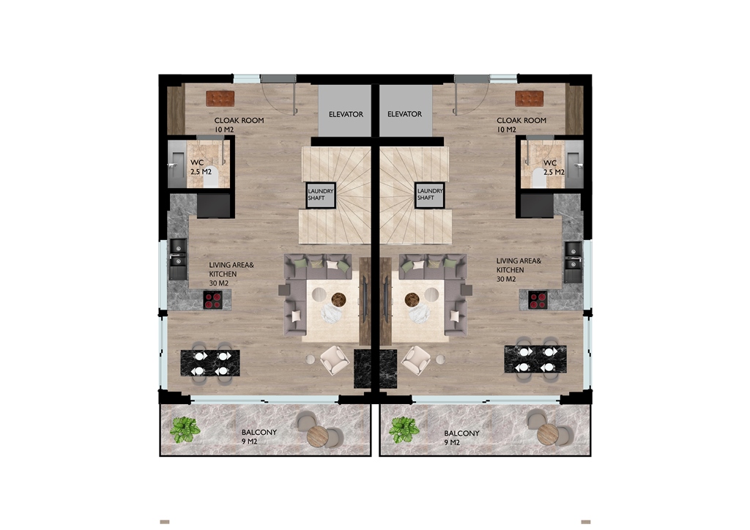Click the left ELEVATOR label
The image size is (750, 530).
pos(346,114)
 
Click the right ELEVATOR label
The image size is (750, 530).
pos(404,114)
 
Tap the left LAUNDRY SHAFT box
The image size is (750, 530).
pos(321,195)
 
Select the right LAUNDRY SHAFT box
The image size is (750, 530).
pos(429,195)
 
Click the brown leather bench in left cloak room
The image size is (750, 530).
pos(220,98)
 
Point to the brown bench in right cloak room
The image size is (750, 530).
pos(529,98)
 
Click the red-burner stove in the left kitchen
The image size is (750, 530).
pos(213,300)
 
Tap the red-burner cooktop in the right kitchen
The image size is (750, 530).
pos(538,300)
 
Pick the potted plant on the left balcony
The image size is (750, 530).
pos(185,429)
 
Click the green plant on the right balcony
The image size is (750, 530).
pos(404,430)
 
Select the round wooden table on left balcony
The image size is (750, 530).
pos(318,436)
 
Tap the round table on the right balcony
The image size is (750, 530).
pos(548,434)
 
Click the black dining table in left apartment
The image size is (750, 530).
pos(210,363)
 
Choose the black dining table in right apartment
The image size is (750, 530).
pos(535,359)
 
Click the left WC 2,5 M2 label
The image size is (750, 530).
pos(201,167)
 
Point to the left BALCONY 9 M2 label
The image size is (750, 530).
pos(259,436)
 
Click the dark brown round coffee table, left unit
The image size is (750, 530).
pos(338,299)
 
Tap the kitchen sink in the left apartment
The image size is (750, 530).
pos(178,259)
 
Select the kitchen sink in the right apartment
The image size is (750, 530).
pos(573,261)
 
